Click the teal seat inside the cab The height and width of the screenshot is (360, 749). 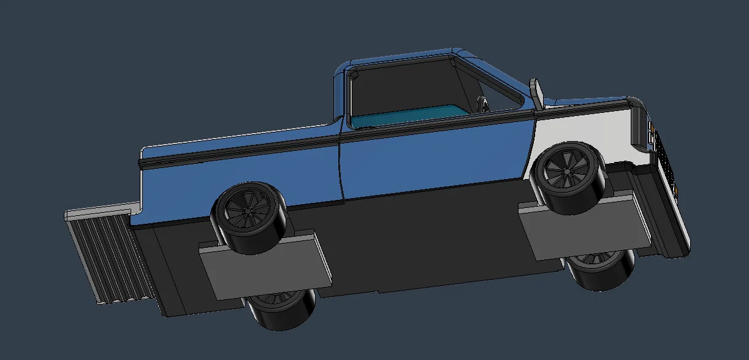coord(405,115)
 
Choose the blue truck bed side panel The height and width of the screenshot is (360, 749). coord(239,175)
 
